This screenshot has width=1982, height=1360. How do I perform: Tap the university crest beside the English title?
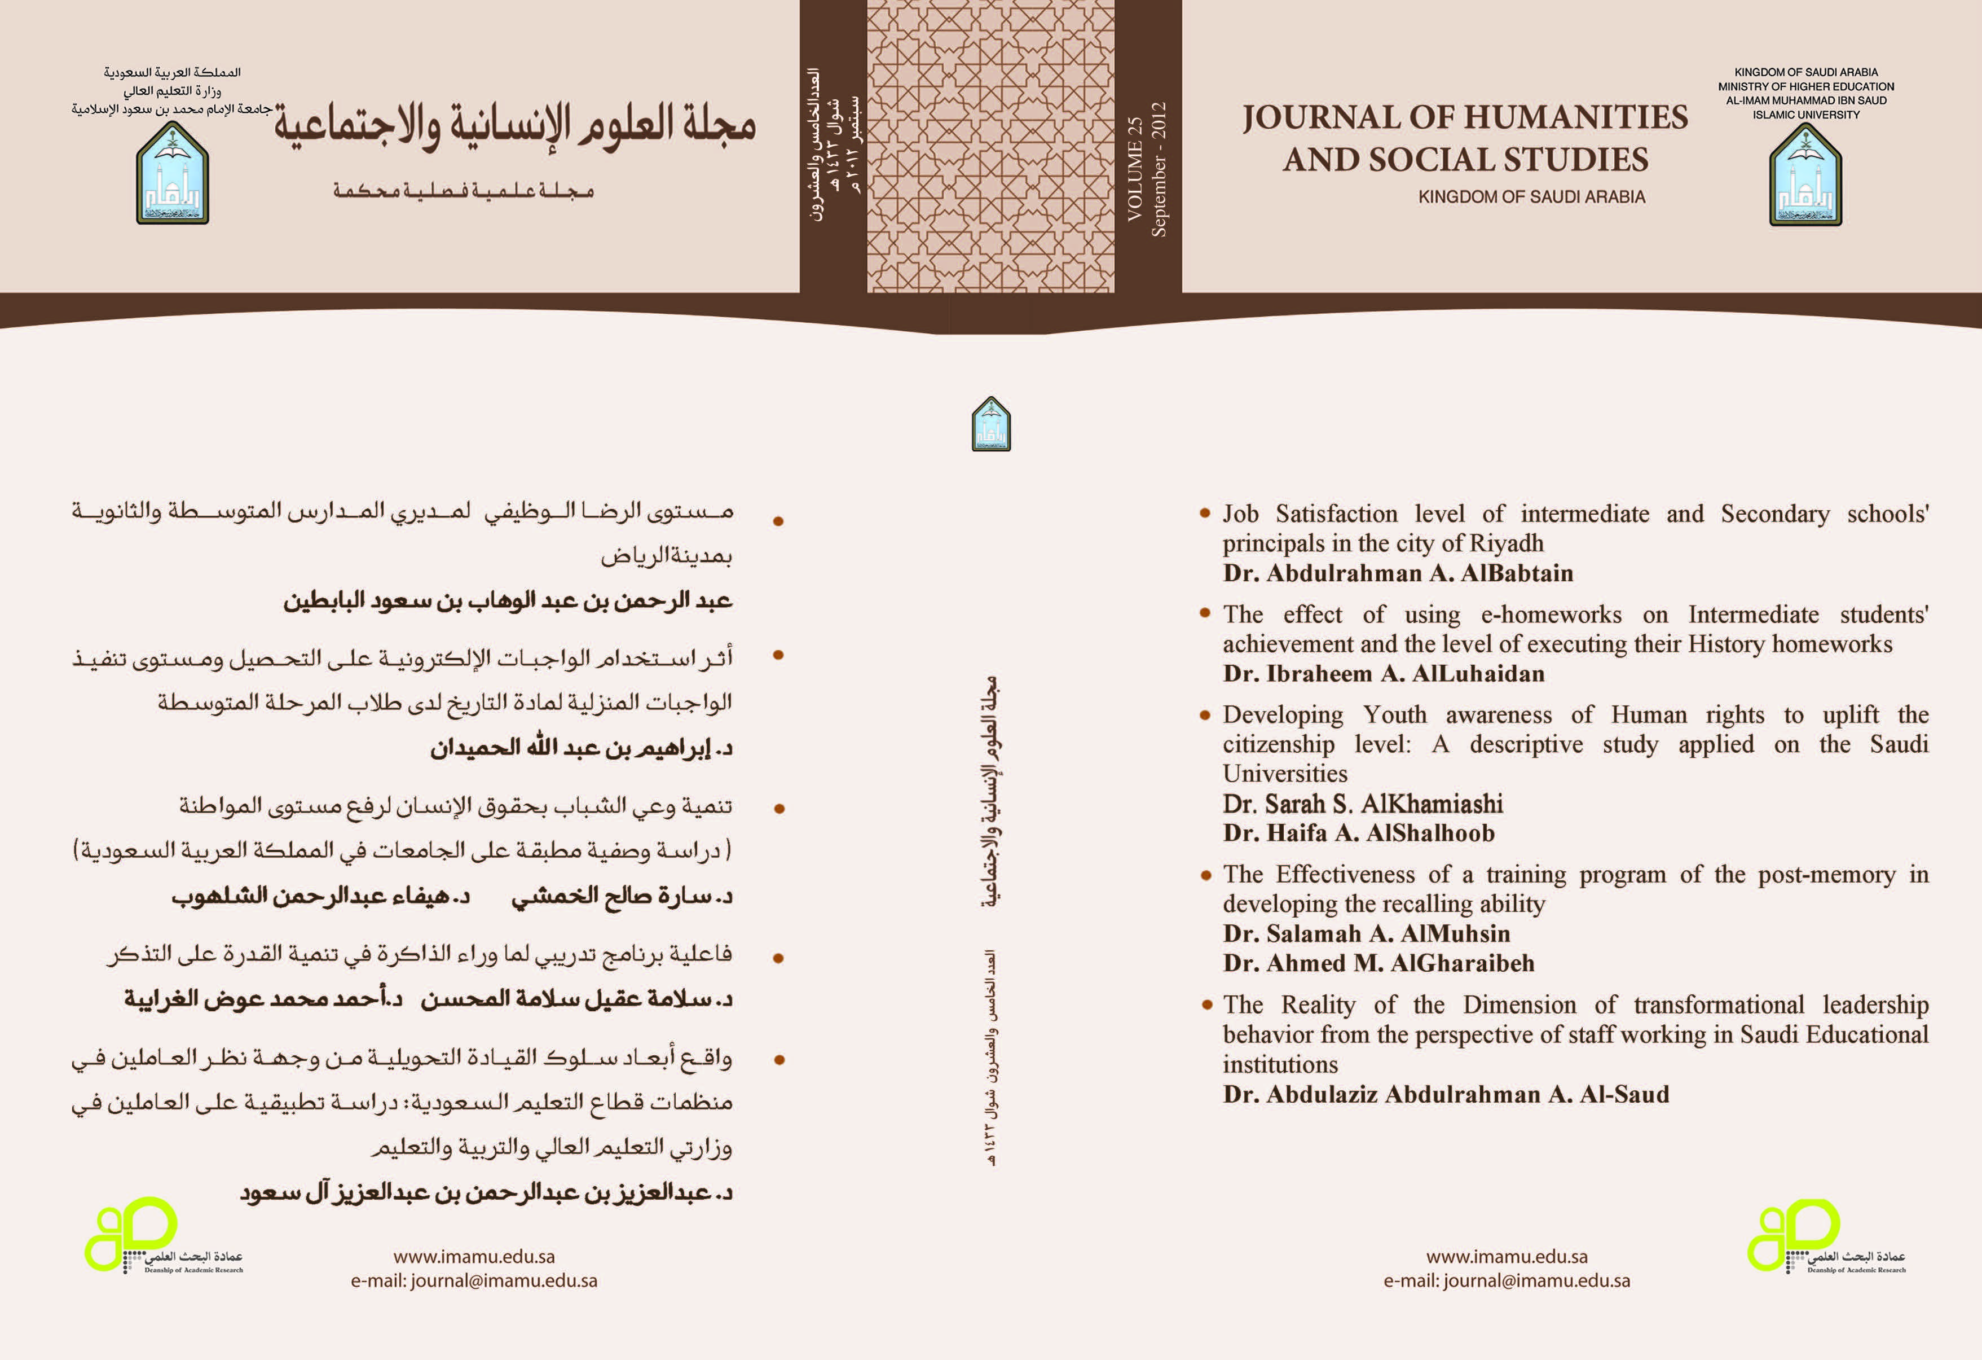tap(1805, 176)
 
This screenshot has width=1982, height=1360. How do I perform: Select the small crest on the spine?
tap(991, 424)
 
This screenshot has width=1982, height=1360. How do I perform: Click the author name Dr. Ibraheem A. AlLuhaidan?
tap(1384, 674)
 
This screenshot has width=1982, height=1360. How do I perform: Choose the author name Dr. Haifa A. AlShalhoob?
tap(1359, 833)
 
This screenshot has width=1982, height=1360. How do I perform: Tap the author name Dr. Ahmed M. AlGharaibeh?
tap(1378, 963)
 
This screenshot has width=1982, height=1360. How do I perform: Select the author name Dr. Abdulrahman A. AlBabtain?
tap(1398, 573)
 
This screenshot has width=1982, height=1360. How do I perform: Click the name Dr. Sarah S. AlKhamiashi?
tap(1362, 804)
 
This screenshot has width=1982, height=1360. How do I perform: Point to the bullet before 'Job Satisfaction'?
tap(1205, 513)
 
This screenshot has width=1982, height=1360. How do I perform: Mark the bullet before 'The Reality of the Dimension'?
tap(1206, 1004)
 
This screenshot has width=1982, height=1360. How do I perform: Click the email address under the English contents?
tap(1507, 1280)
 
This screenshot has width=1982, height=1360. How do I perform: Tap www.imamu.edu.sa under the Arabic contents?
tap(474, 1257)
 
